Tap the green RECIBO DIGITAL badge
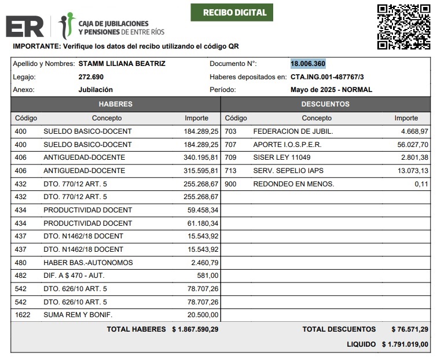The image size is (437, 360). [x=231, y=13]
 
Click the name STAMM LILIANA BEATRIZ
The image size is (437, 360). [x=122, y=64]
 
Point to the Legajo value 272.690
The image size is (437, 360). [x=91, y=77]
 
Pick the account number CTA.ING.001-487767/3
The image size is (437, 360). [x=331, y=77]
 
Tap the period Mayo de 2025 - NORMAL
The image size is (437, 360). [x=331, y=90]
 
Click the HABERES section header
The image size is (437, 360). [x=116, y=104]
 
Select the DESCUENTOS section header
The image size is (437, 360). [x=325, y=104]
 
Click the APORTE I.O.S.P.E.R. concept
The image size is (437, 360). [x=287, y=145]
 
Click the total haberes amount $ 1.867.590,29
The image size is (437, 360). [x=194, y=329]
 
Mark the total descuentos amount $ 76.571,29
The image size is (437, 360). [x=409, y=329]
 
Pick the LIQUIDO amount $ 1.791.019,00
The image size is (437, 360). [x=405, y=344]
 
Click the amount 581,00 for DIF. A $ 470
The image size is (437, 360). [x=208, y=275]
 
